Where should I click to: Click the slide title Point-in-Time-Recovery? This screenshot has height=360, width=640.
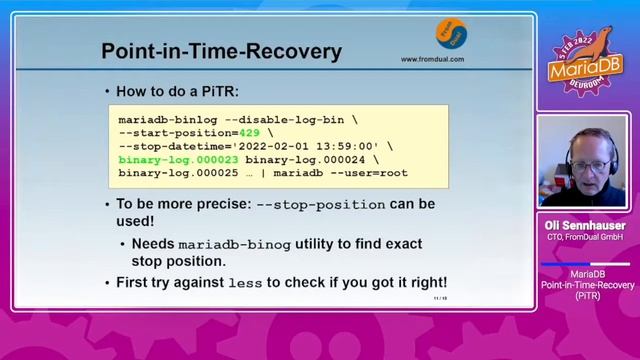[x=221, y=51]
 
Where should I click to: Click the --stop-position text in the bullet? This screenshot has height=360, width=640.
[x=321, y=204]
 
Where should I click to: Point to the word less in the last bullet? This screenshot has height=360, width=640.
[x=245, y=283]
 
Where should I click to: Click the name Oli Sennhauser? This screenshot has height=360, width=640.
[x=585, y=225]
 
